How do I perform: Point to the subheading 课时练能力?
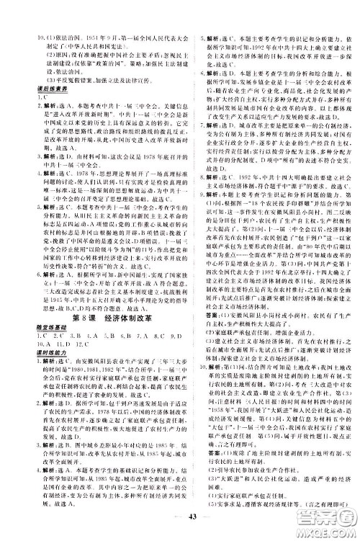(28, 331)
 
